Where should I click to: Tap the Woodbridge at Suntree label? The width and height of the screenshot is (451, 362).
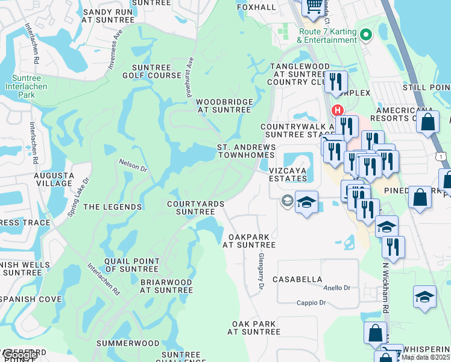pyautogui.click(x=224, y=106)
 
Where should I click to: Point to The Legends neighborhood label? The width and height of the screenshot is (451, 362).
pyautogui.click(x=112, y=207)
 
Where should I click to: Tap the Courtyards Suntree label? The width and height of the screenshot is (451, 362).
pyautogui.click(x=195, y=208)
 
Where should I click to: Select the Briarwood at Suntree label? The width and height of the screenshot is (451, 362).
pyautogui.click(x=166, y=286)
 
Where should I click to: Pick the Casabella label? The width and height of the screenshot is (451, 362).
pyautogui.click(x=297, y=279)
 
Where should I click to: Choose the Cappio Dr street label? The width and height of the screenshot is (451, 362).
pyautogui.click(x=311, y=303)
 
